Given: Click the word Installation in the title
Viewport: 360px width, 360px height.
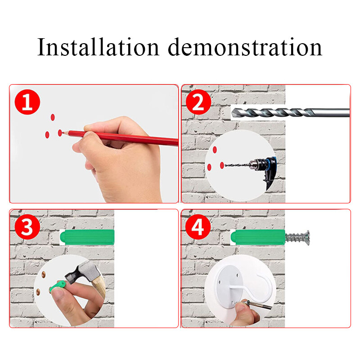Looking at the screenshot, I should coord(98,47).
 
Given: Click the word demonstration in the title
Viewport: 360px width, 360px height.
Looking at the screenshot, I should coord(245,47).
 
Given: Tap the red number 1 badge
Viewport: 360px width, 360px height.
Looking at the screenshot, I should coord(27,102).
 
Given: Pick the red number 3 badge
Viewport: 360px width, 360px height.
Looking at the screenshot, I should coord(27,228).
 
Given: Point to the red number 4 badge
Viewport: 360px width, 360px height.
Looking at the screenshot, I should coord(198,228).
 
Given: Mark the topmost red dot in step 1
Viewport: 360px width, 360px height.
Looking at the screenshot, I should coord(52,117).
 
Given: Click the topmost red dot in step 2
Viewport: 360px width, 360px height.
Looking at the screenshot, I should coord(215,149).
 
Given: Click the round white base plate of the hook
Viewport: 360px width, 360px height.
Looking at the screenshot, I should coord(227,288).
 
